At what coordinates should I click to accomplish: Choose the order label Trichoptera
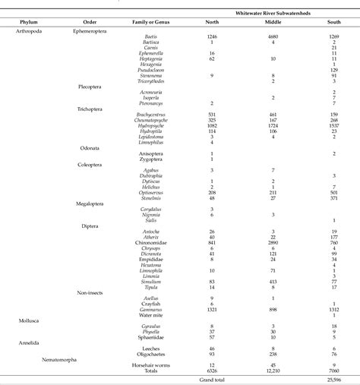[x=90, y=109]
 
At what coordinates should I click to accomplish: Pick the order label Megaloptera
[x=92, y=204]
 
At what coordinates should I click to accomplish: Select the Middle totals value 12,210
[x=272, y=370]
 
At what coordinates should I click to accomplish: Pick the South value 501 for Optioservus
[x=333, y=193]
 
